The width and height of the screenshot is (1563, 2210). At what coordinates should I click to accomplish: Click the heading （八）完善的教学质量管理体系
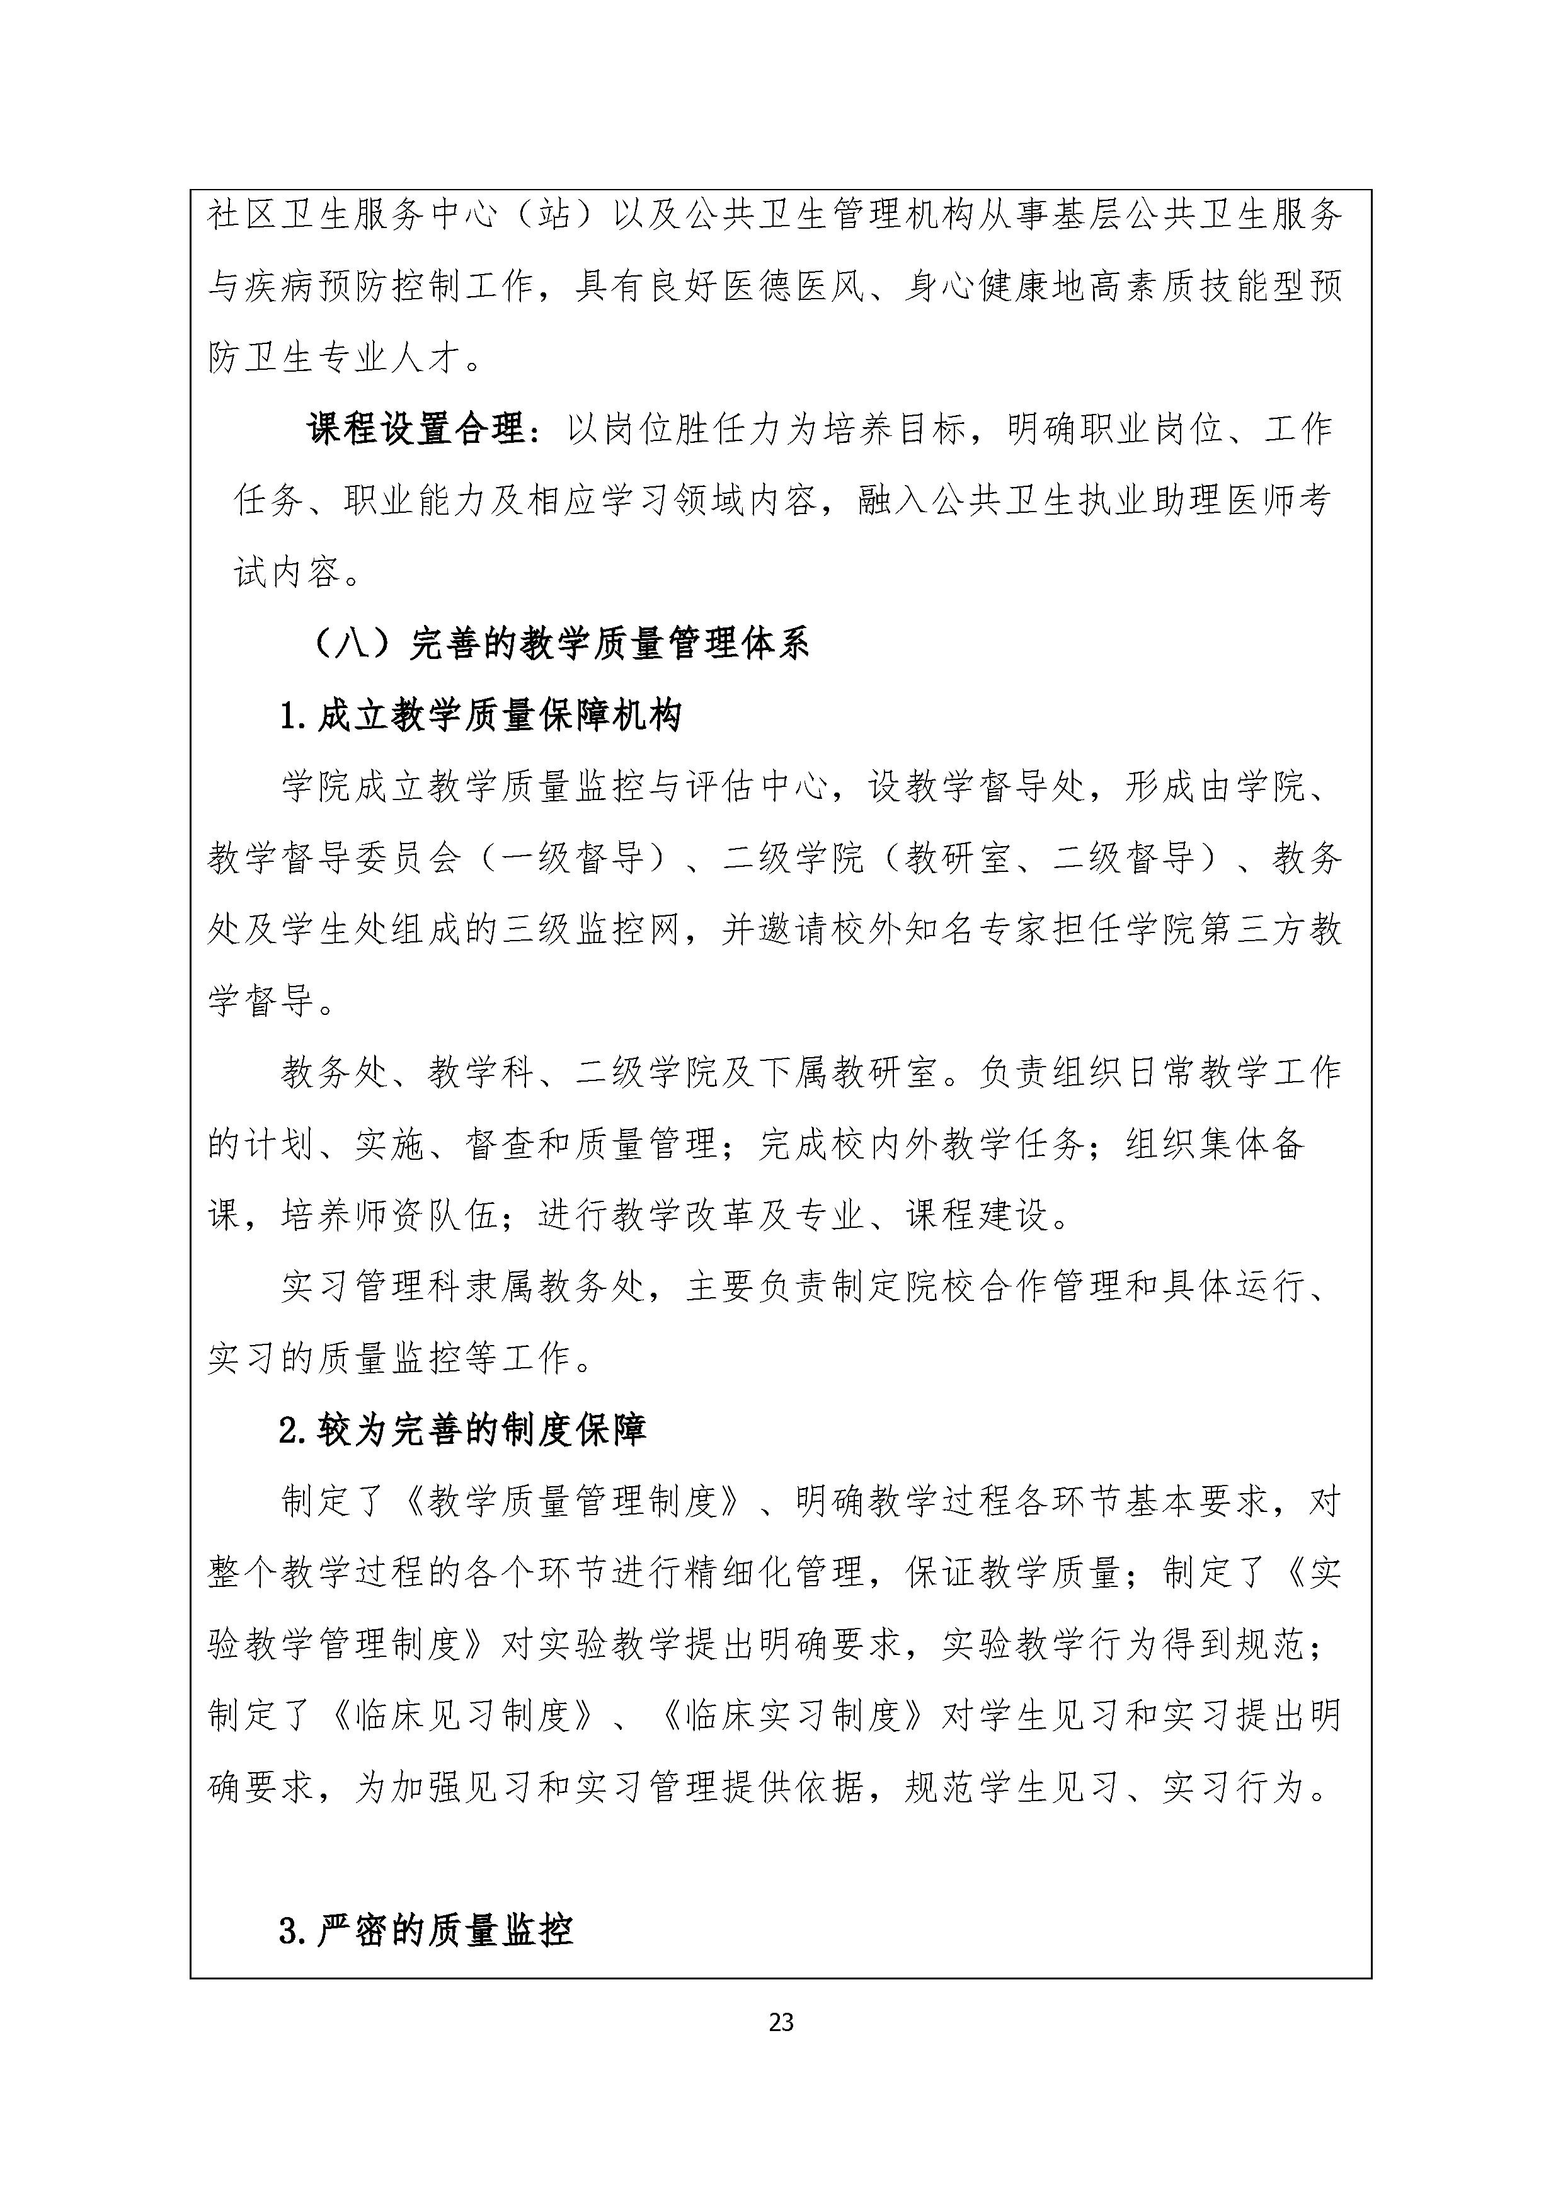click(x=561, y=644)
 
